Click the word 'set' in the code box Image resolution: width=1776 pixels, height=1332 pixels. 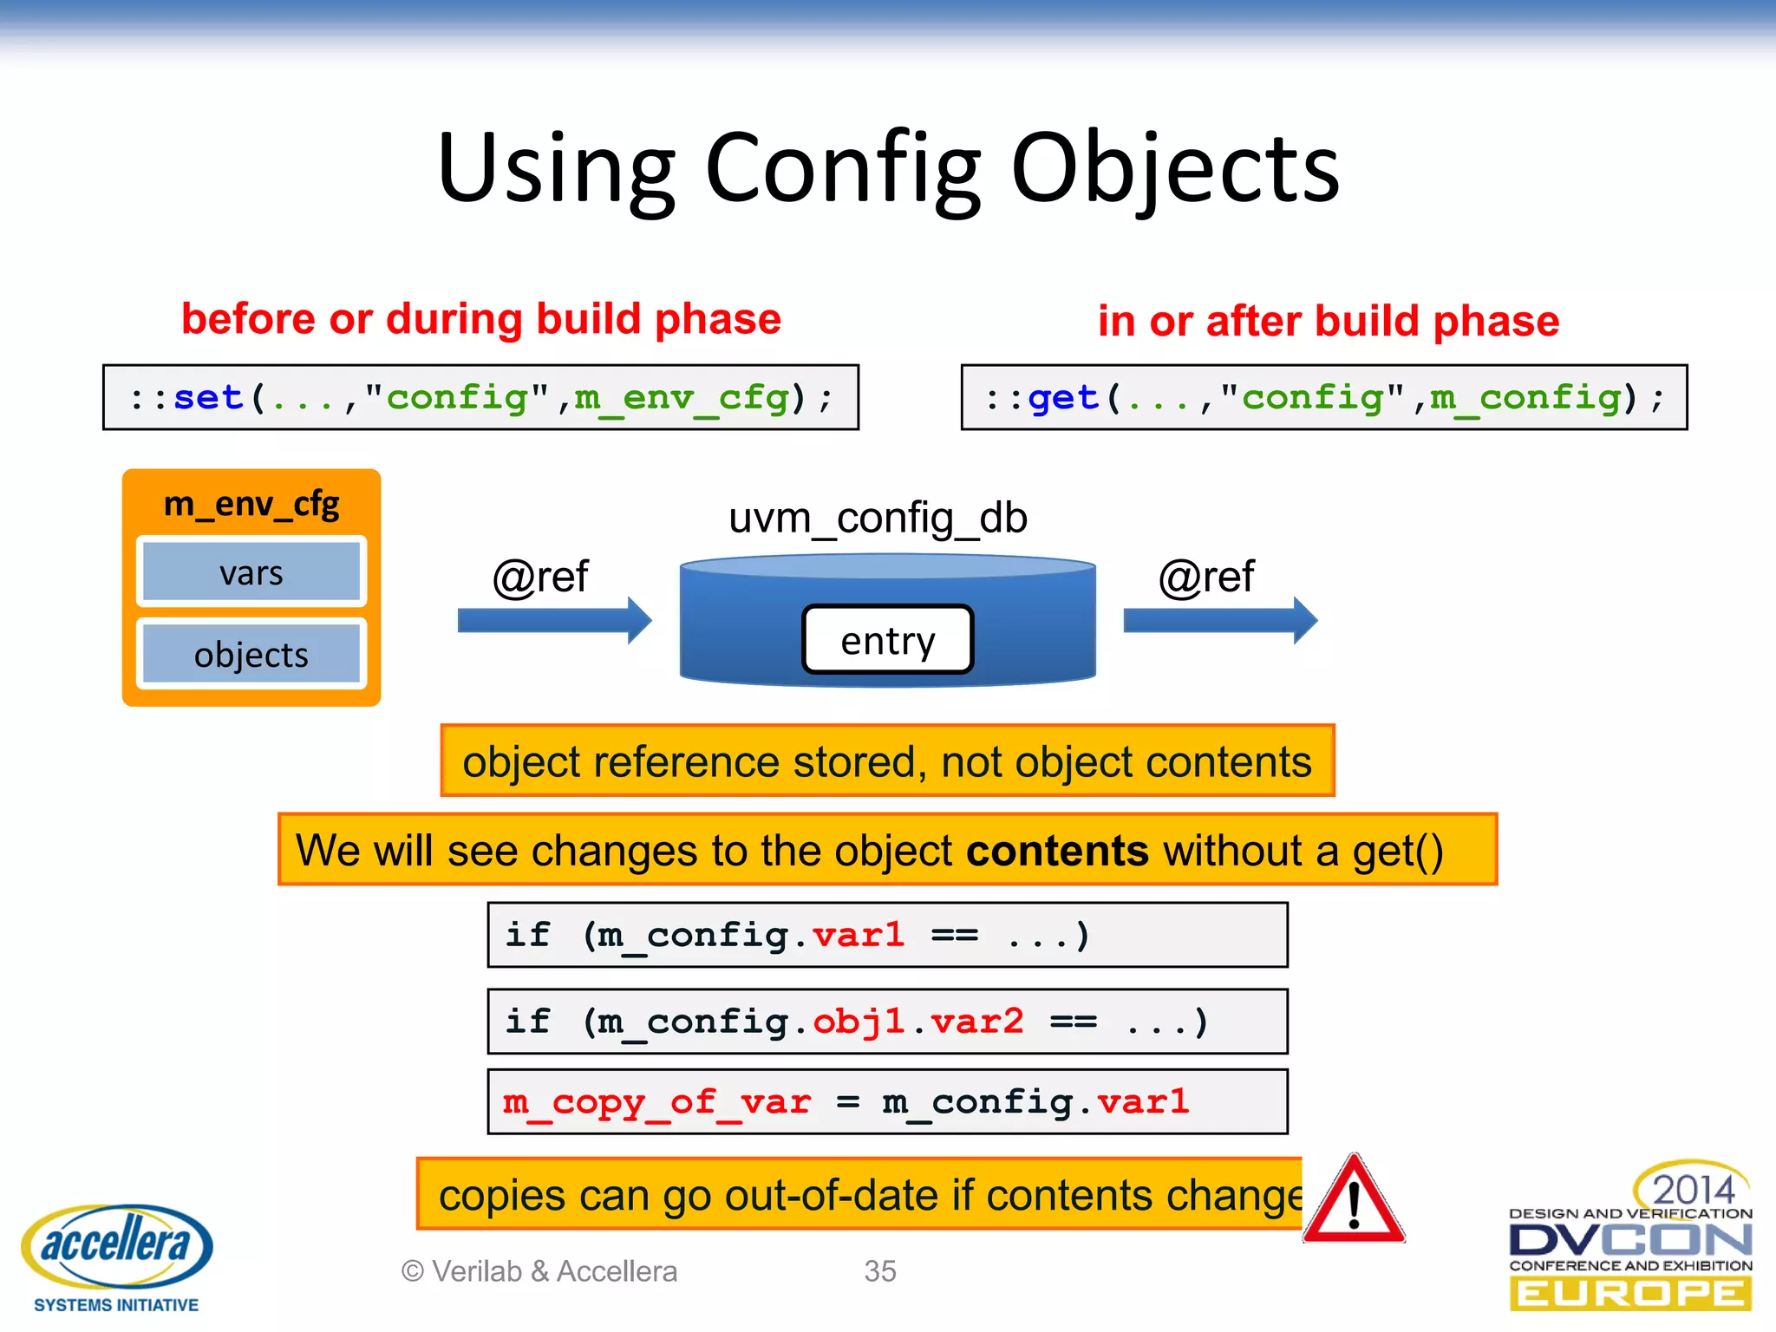[208, 398]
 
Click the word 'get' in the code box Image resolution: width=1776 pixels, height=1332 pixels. [1063, 398]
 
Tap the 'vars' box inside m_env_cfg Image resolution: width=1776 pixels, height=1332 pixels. [251, 572]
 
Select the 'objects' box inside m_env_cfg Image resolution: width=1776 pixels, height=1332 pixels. [251, 655]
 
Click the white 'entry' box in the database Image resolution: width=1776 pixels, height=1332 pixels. [888, 640]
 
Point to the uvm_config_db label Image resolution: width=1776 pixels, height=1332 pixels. [878, 518]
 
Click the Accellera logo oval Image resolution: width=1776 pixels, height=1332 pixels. [117, 1244]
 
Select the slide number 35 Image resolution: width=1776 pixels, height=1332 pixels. [880, 1270]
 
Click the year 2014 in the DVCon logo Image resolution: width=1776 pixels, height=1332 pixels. [1693, 1189]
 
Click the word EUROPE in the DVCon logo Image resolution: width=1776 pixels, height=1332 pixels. [1630, 1293]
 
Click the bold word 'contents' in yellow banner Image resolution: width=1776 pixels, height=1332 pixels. [1057, 850]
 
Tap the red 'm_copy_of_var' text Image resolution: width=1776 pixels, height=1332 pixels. [656, 1102]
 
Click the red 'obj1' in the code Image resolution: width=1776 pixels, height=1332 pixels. [859, 1022]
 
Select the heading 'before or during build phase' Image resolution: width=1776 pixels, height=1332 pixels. [481, 318]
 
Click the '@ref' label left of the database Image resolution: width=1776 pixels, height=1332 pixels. [540, 577]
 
